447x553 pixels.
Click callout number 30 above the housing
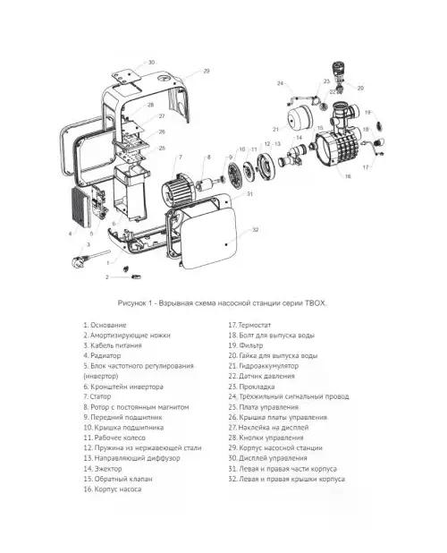[x=151, y=63]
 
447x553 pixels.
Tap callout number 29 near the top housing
[x=207, y=71]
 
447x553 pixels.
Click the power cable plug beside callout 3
[x=79, y=261]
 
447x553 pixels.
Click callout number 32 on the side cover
[x=256, y=230]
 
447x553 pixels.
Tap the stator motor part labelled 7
[x=178, y=188]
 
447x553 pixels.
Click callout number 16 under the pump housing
[x=348, y=176]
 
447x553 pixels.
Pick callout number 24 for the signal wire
[x=280, y=83]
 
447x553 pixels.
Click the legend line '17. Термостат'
[x=249, y=325]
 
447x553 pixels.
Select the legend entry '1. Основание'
[x=105, y=325]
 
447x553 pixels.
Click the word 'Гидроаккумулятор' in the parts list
[x=269, y=366]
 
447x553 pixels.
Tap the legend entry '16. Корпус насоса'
[x=113, y=489]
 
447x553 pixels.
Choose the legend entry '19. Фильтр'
[x=246, y=345]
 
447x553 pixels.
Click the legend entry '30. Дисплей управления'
[x=267, y=458]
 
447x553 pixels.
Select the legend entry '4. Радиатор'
[x=102, y=355]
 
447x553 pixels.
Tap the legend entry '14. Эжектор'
[x=103, y=469]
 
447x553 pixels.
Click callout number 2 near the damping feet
[x=107, y=277]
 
